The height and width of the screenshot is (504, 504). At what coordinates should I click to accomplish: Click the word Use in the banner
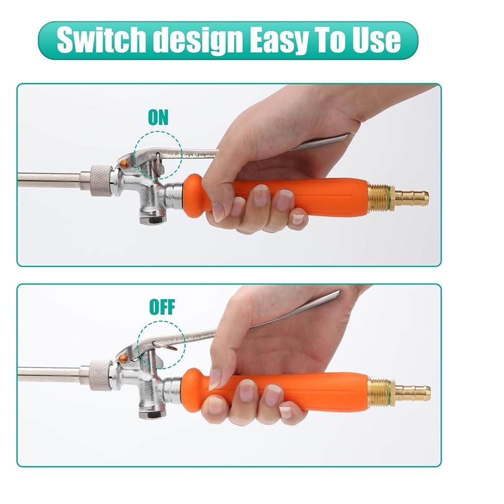pyautogui.click(x=377, y=40)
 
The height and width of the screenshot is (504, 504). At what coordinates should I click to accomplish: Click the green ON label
pyautogui.click(x=158, y=117)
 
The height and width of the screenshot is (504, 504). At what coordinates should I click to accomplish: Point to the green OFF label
pyautogui.click(x=162, y=307)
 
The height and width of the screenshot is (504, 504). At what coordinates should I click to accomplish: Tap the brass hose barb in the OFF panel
pyautogui.click(x=412, y=392)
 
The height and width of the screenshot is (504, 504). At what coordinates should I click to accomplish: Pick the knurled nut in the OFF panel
pyautogui.click(x=100, y=375)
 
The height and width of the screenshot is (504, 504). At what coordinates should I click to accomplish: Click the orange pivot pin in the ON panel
pyautogui.click(x=124, y=164)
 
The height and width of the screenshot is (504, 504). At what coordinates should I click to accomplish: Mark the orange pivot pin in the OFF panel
pyautogui.click(x=123, y=358)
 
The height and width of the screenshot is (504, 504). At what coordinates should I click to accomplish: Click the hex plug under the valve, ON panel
pyautogui.click(x=152, y=219)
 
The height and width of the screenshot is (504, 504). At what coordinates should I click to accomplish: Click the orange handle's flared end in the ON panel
pyautogui.click(x=193, y=196)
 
